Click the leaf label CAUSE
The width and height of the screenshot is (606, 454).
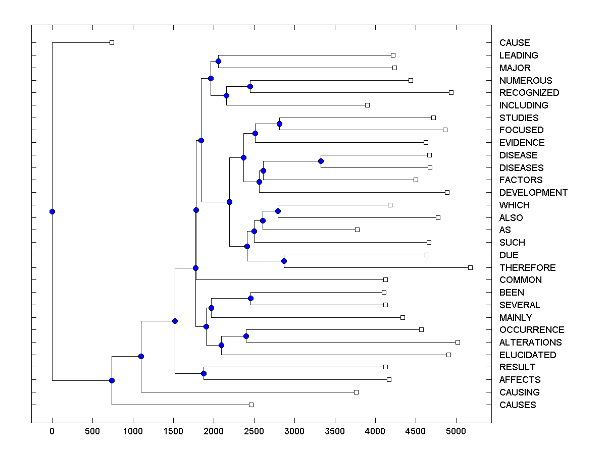pos(515,43)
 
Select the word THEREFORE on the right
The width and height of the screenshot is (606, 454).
pos(527,268)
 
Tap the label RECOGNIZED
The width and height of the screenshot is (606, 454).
pos(529,93)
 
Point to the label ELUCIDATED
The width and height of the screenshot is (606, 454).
pos(528,355)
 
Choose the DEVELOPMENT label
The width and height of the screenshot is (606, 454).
pos(533,193)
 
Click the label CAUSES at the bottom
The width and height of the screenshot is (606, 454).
pos(518,405)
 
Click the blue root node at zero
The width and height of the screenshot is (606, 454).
pos(52,211)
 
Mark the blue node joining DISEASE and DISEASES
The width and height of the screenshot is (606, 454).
pos(321,161)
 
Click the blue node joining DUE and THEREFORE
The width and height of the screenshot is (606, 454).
pos(284,261)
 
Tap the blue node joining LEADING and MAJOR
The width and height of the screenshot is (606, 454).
pos(218,62)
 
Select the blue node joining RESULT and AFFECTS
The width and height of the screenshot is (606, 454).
pos(204,374)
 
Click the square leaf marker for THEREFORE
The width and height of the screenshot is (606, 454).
pos(470,267)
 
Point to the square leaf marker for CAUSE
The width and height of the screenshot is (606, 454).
pos(112,42)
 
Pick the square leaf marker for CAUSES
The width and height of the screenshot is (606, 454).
pos(251,405)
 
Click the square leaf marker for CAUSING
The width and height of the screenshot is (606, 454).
pos(356,392)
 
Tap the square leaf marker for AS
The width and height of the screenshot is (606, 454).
pos(357,230)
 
